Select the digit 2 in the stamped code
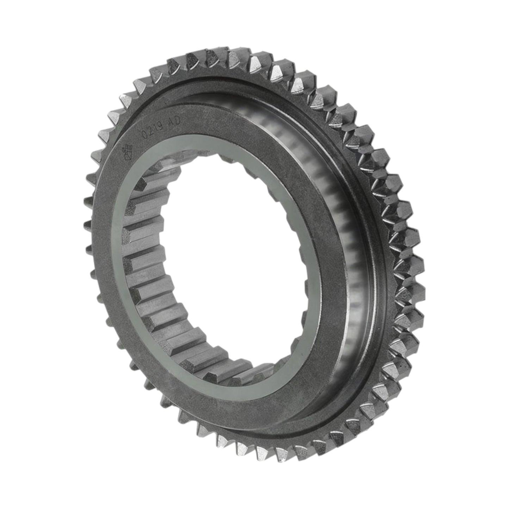coord(150,131)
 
